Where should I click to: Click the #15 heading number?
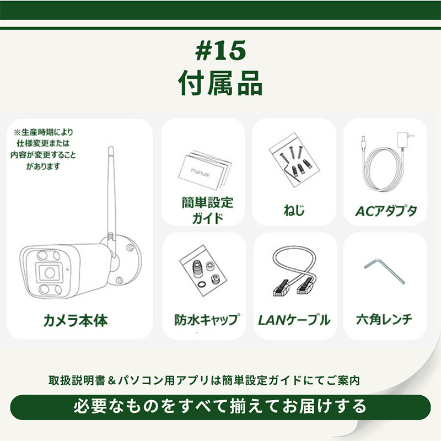[x=220, y=50]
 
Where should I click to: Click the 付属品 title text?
[x=220, y=83]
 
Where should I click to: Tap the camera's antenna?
[x=111, y=197]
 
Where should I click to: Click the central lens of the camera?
[x=50, y=272]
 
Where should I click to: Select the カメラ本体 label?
[x=76, y=320]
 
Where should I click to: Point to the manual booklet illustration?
[x=205, y=170]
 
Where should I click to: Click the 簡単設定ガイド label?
[x=207, y=210]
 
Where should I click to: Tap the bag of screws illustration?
[x=294, y=160]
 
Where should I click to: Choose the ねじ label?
[x=294, y=210]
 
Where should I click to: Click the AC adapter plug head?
[x=405, y=140]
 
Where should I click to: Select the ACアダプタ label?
[x=385, y=211]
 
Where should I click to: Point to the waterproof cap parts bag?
[x=203, y=271]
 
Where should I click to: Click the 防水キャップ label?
[x=207, y=320]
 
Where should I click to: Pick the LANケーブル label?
[x=294, y=320]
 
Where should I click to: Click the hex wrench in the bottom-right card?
[x=384, y=271]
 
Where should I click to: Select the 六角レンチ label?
[x=384, y=320]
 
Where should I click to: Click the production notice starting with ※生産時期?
[x=43, y=149]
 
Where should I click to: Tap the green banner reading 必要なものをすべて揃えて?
[x=220, y=407]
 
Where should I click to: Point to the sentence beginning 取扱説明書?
[x=204, y=380]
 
